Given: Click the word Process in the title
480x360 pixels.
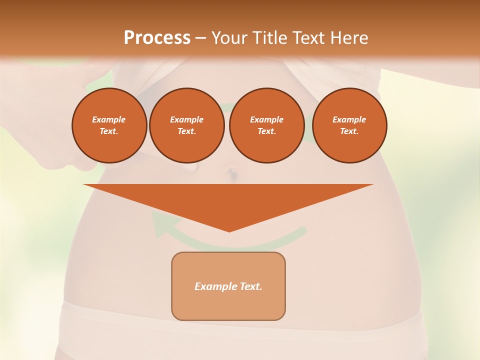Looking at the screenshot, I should [157, 38].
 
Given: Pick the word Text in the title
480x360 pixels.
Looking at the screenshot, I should [309, 38].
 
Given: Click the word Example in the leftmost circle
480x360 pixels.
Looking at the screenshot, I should [109, 119].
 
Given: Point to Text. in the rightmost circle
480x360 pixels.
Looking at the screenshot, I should [349, 131].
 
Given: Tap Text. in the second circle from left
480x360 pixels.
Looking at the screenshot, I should [186, 131].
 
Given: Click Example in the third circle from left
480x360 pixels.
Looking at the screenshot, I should [266, 119].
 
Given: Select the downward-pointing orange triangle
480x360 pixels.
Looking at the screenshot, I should [228, 200].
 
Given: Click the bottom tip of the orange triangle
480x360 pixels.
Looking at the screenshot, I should [229, 230].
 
